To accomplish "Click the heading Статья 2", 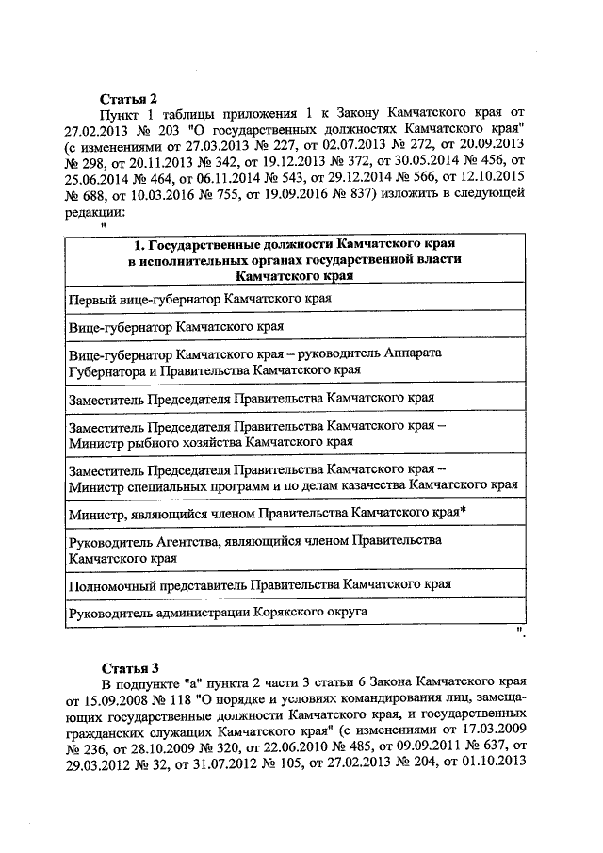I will click(128, 98).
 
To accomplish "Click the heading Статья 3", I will click(128, 669).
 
